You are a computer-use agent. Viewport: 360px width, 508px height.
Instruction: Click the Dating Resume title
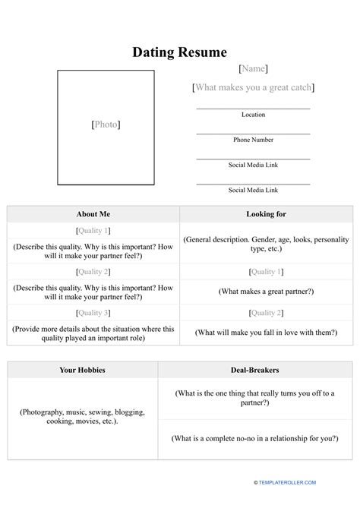pyautogui.click(x=180, y=52)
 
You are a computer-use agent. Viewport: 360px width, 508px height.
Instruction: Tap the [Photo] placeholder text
pyautogui.click(x=106, y=125)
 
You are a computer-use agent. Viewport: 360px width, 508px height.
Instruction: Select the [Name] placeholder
pyautogui.click(x=253, y=69)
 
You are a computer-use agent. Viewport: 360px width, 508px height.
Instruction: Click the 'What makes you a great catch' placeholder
pyautogui.click(x=253, y=88)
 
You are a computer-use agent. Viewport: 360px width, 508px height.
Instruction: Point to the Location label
pyautogui.click(x=253, y=115)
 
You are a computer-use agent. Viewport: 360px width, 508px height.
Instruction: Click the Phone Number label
pyautogui.click(x=253, y=140)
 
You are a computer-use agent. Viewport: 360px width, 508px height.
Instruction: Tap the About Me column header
pyautogui.click(x=93, y=214)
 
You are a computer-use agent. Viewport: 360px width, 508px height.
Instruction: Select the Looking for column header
pyautogui.click(x=266, y=214)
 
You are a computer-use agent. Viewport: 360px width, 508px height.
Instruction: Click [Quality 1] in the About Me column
pyautogui.click(x=93, y=230)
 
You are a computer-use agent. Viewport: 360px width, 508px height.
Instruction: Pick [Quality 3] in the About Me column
pyautogui.click(x=93, y=313)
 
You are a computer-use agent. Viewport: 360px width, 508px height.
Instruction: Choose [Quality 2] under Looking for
pyautogui.click(x=266, y=313)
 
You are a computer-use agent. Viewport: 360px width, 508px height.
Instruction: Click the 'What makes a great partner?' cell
pyautogui.click(x=266, y=291)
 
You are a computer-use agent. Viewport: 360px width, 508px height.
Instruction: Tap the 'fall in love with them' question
pyautogui.click(x=266, y=332)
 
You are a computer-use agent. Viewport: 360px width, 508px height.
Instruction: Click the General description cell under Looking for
pyautogui.click(x=266, y=243)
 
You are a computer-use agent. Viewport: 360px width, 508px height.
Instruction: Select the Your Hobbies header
pyautogui.click(x=82, y=370)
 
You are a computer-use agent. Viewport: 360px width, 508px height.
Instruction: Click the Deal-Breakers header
pyautogui.click(x=254, y=370)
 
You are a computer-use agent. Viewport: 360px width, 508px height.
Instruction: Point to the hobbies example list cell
pyautogui.click(x=82, y=416)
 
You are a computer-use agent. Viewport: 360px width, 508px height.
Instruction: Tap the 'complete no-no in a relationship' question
pyautogui.click(x=254, y=438)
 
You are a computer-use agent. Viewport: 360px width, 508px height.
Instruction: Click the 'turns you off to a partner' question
pyautogui.click(x=254, y=398)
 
